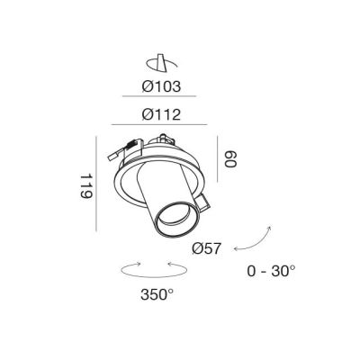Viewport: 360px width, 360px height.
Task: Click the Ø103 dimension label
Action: pyautogui.click(x=161, y=86)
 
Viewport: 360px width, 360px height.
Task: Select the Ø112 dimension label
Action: pyautogui.click(x=161, y=114)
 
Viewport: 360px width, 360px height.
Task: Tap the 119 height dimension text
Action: pyautogui.click(x=86, y=186)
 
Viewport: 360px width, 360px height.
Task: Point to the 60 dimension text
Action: pyautogui.click(x=230, y=159)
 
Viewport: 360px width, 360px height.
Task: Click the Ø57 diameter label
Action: pyautogui.click(x=207, y=248)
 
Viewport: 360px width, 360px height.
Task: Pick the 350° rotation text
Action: pyautogui.click(x=157, y=294)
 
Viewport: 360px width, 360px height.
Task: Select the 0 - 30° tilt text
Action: pyautogui.click(x=271, y=271)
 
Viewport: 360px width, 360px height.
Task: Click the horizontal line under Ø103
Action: pyautogui.click(x=159, y=96)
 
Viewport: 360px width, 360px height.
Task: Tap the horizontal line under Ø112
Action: pyautogui.click(x=159, y=124)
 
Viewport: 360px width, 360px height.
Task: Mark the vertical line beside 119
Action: pyautogui.click(x=96, y=184)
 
